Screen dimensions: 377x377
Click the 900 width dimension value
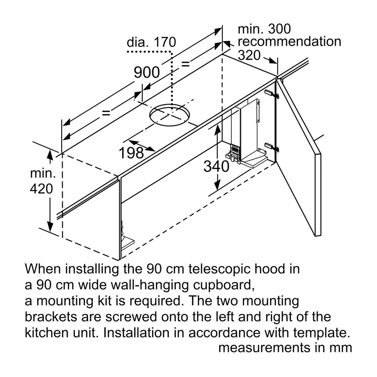pyautogui.click(x=147, y=73)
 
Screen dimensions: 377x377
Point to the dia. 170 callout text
pyautogui.click(x=151, y=42)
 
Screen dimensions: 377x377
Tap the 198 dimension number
pyautogui.click(x=131, y=153)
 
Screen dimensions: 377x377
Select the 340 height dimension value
pyautogui.click(x=216, y=166)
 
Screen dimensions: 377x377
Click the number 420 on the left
pyautogui.click(x=41, y=189)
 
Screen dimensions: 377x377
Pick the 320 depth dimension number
pyautogui.click(x=249, y=55)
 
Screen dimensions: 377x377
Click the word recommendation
pyautogui.click(x=289, y=41)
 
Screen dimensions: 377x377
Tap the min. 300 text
pyautogui.click(x=264, y=29)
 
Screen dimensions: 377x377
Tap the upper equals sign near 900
pyautogui.click(x=185, y=64)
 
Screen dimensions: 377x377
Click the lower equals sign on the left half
pyautogui.click(x=106, y=113)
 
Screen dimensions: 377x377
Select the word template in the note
pyautogui.click(x=321, y=333)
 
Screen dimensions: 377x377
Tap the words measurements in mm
pyautogui.click(x=286, y=348)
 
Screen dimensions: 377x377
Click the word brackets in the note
pyautogui.click(x=51, y=317)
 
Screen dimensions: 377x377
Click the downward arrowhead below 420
pyautogui.click(x=50, y=227)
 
